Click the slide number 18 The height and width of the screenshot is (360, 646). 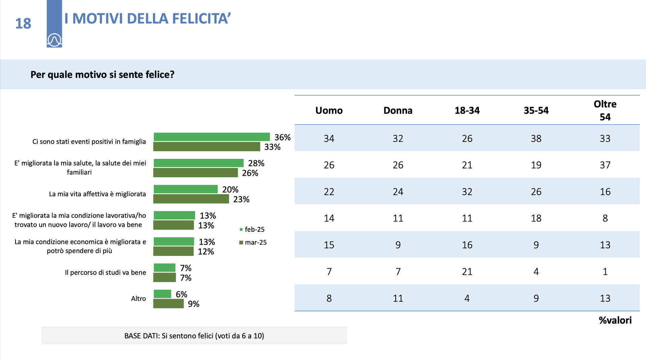point(23,24)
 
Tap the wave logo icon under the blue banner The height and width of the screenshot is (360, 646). point(54,40)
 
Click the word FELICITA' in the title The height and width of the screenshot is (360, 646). point(201,19)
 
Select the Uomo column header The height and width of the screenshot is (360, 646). point(329,110)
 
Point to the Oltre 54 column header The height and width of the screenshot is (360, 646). point(605,110)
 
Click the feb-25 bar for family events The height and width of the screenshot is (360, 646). point(212,137)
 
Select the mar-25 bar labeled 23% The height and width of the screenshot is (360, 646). point(191,199)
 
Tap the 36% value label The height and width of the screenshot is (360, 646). point(282,137)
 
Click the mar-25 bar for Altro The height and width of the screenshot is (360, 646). point(169,303)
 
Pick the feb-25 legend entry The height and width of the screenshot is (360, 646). point(252,229)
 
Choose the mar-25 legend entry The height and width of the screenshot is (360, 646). point(253,242)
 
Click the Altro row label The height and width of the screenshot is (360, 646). point(138,299)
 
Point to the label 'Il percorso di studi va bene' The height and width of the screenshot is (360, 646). point(105,273)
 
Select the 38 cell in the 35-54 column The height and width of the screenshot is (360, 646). point(536,138)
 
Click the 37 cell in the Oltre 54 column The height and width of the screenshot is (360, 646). point(605,165)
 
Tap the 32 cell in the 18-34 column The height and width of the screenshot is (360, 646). point(467,191)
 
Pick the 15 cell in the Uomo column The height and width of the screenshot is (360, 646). point(329,245)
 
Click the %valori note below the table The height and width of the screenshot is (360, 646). point(615,320)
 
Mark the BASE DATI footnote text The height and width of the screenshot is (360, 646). point(194,336)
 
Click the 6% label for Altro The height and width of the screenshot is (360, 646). point(181,294)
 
